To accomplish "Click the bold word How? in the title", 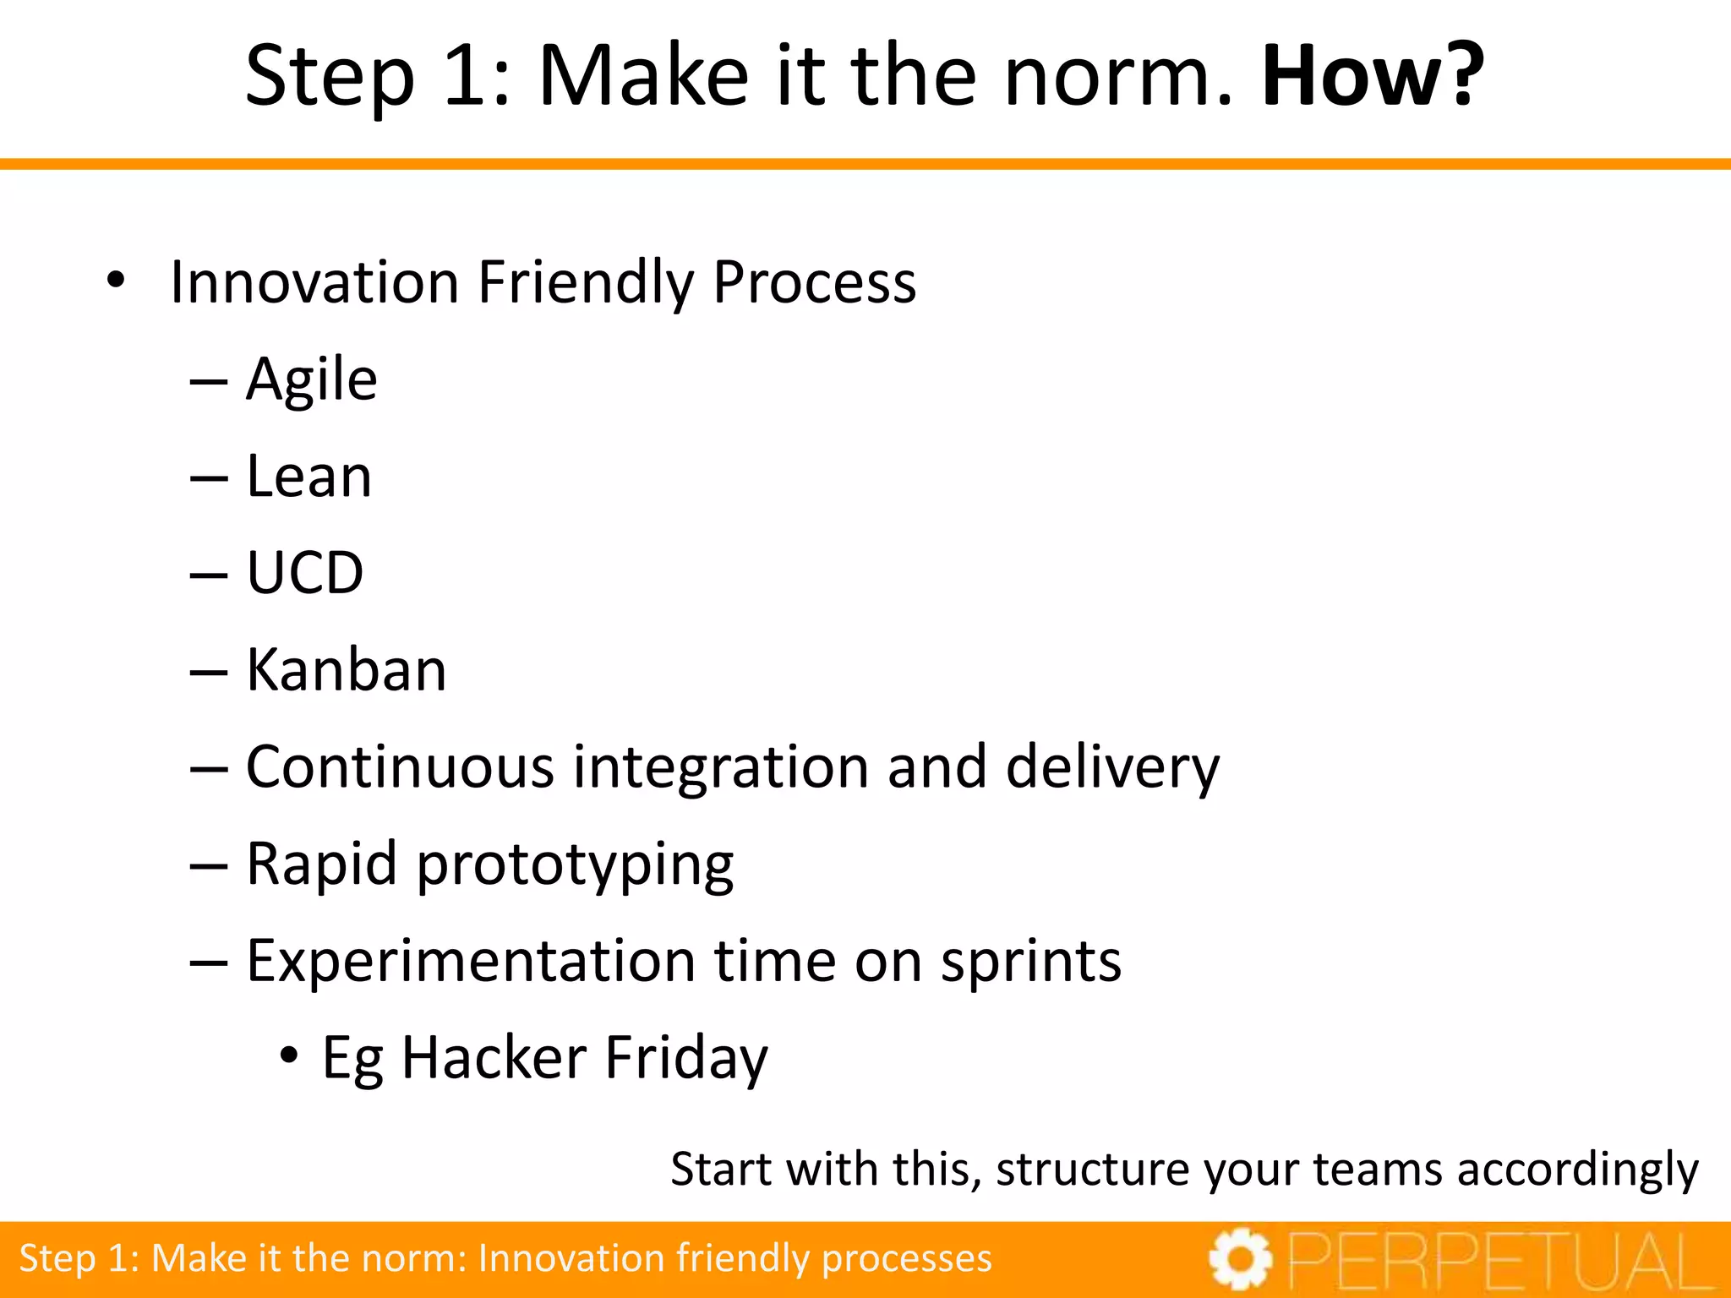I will click(x=1372, y=76).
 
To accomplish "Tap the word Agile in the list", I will click(x=311, y=380).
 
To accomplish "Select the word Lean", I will click(x=309, y=477).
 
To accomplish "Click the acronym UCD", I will click(x=304, y=573).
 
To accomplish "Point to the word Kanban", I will click(x=346, y=670).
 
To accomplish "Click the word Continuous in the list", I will click(x=400, y=766).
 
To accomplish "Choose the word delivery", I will click(x=1112, y=766).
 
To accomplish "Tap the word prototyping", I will click(x=575, y=865).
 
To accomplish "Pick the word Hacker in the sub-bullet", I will click(x=494, y=1057).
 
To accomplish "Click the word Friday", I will click(x=685, y=1059).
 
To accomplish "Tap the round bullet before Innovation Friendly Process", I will click(x=116, y=281).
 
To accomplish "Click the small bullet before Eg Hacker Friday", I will click(x=289, y=1055).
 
